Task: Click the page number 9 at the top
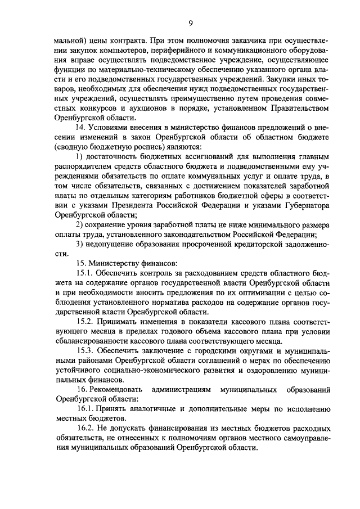pos(190,22)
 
